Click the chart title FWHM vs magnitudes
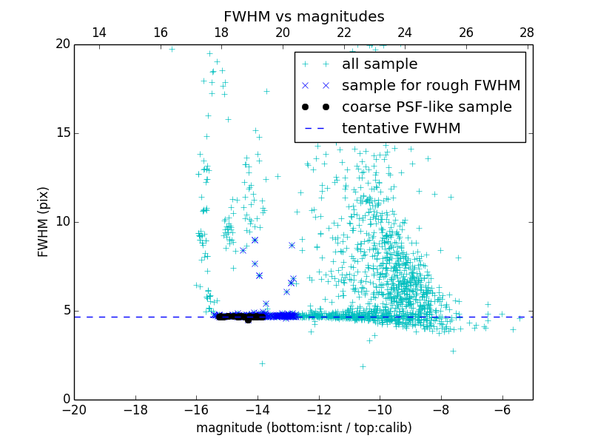pos(303,16)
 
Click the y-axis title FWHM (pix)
pos(44,222)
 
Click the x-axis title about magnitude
pos(303,428)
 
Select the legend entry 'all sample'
pos(380,64)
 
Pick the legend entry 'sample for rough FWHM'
pos(431,86)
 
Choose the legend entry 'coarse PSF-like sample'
pos(426,107)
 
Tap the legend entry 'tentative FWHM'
pos(401,129)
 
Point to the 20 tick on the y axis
pos(61,44)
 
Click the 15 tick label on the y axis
pos(61,133)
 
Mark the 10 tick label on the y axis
pos(61,222)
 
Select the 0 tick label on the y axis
pos(65,400)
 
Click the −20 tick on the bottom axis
pos(74,410)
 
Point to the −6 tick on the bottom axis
pos(502,410)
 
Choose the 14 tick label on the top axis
pos(98,33)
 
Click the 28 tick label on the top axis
pos(527,33)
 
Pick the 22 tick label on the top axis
pos(343,33)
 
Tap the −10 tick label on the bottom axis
pos(380,410)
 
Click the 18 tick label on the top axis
pos(221,33)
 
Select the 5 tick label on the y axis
pos(65,311)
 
